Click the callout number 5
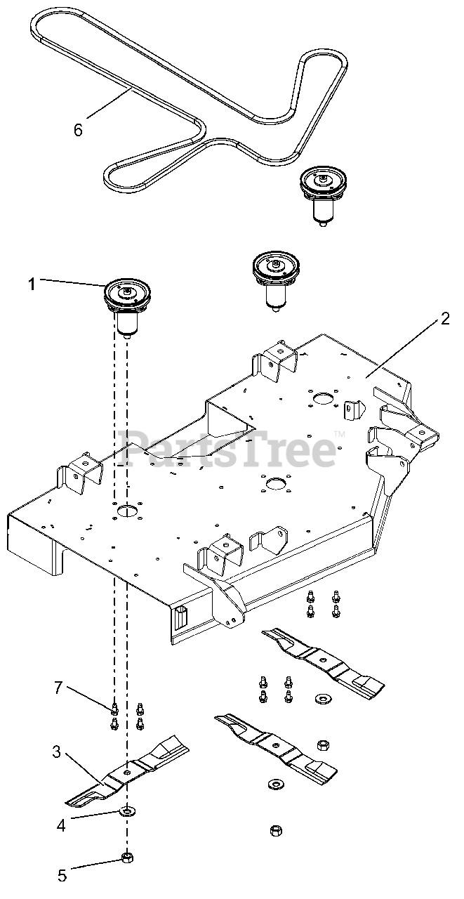tap(62, 875)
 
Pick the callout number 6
tap(78, 129)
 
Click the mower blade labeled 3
tap(126, 773)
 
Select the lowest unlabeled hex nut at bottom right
tap(275, 831)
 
